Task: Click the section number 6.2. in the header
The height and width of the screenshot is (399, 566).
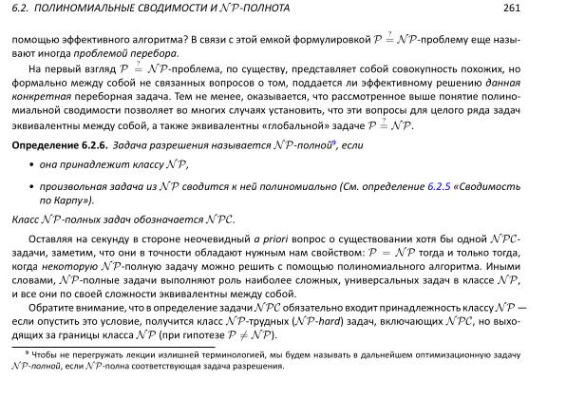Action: point(20,9)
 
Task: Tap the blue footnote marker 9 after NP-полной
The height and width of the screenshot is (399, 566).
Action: point(322,141)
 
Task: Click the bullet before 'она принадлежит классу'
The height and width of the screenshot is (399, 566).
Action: point(31,164)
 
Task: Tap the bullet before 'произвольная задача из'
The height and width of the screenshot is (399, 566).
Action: point(31,186)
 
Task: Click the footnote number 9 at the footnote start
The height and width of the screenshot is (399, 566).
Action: point(27,351)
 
